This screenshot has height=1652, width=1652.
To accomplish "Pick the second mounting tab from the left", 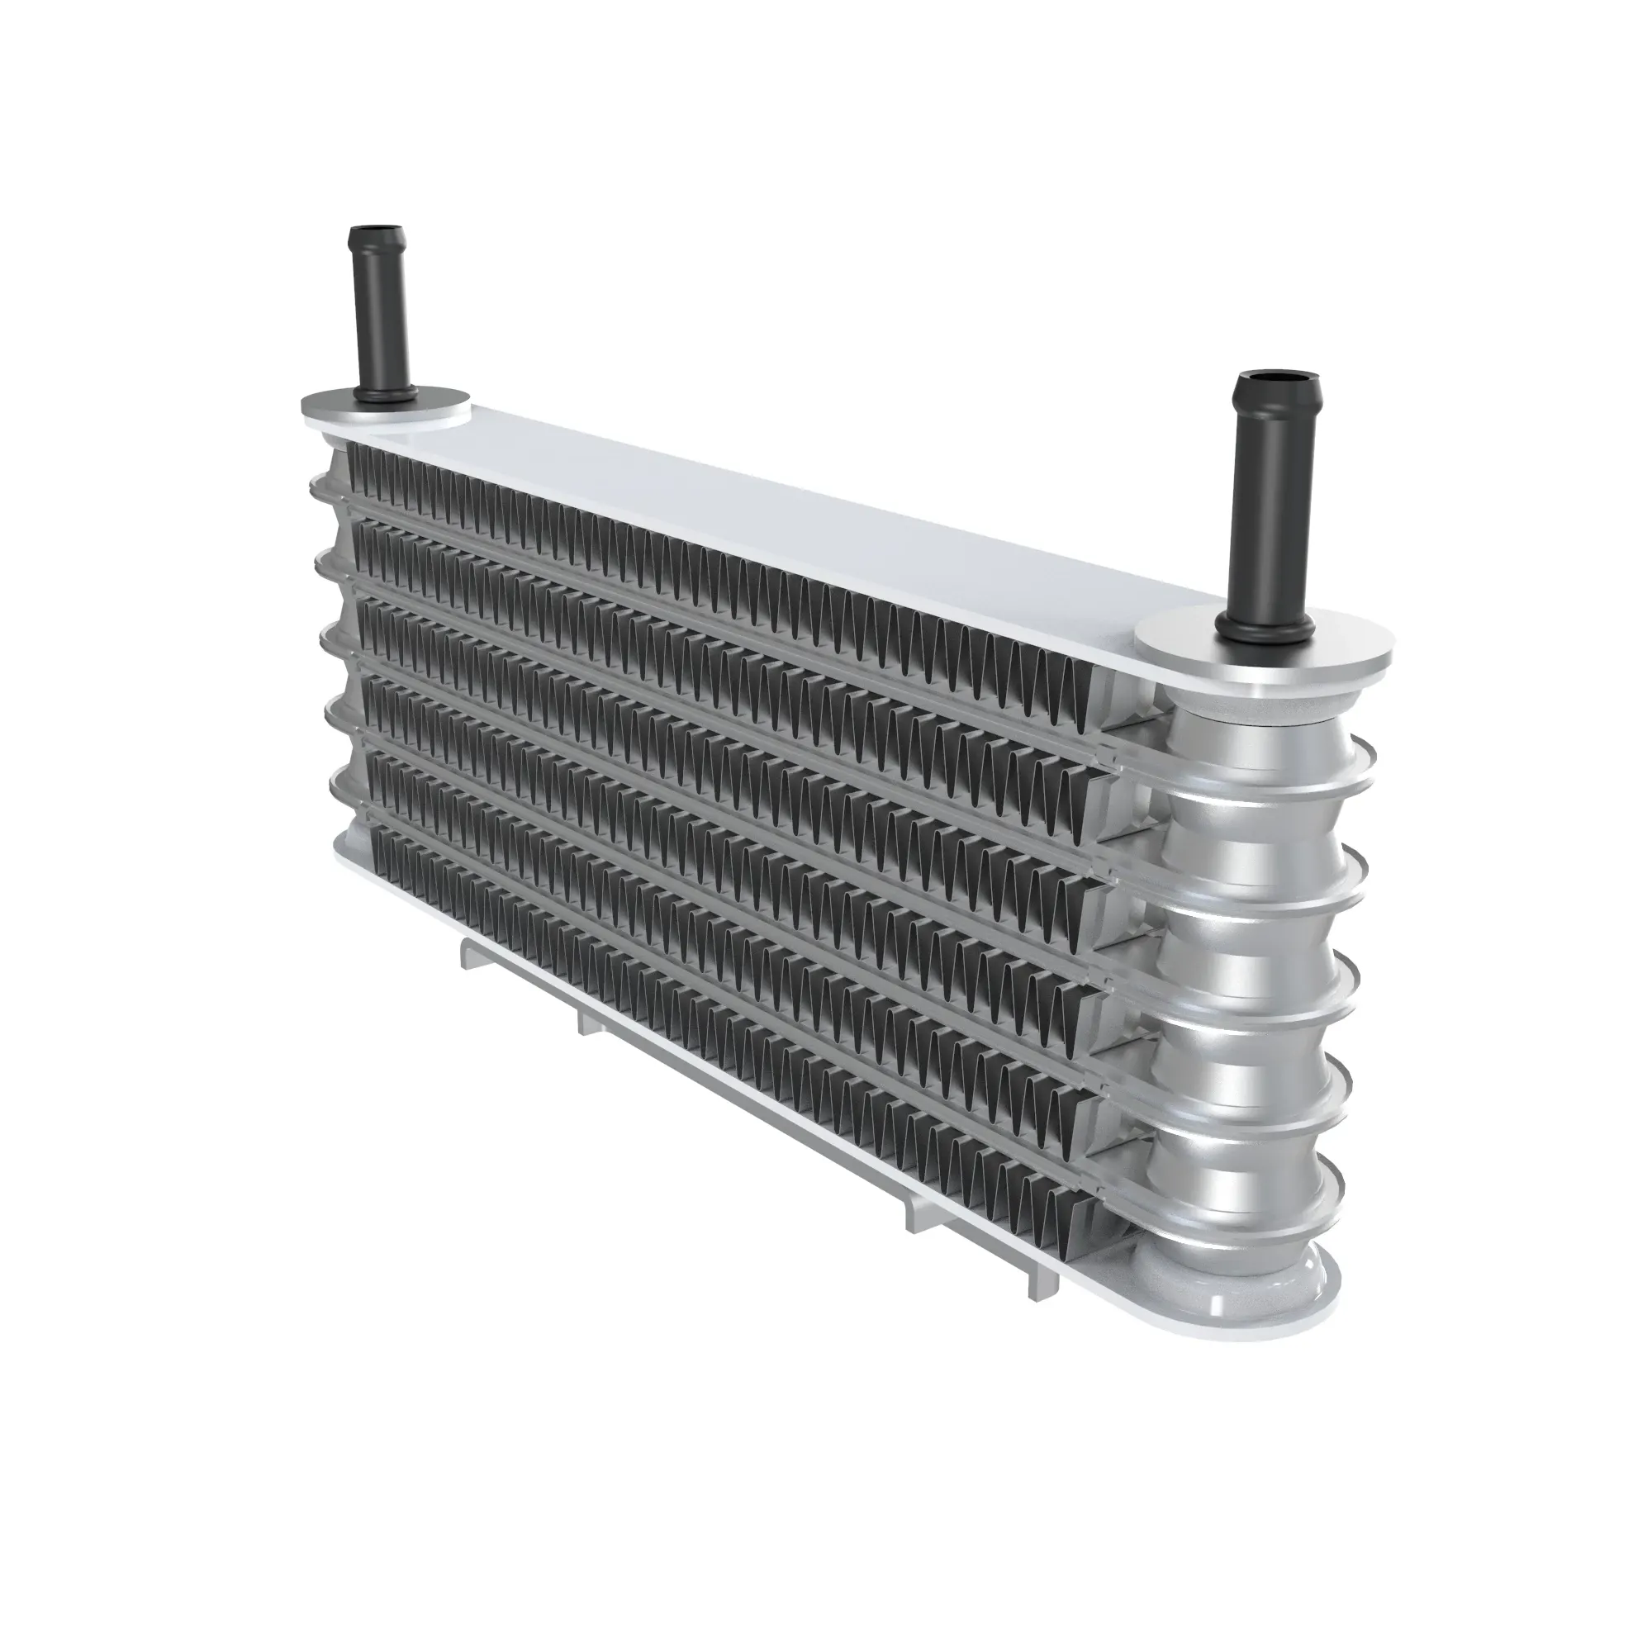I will coord(590,1022).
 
